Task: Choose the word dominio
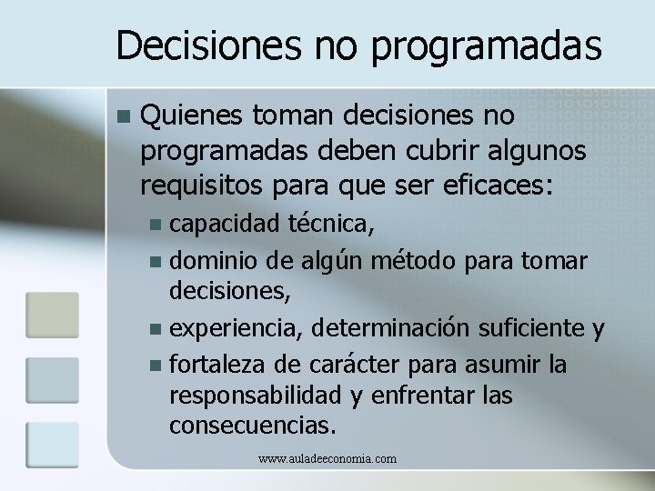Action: (215, 262)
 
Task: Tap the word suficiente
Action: (535, 327)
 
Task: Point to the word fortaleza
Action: (219, 365)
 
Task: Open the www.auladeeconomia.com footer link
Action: (327, 459)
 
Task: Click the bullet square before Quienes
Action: (125, 117)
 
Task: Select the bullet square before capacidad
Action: (158, 224)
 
